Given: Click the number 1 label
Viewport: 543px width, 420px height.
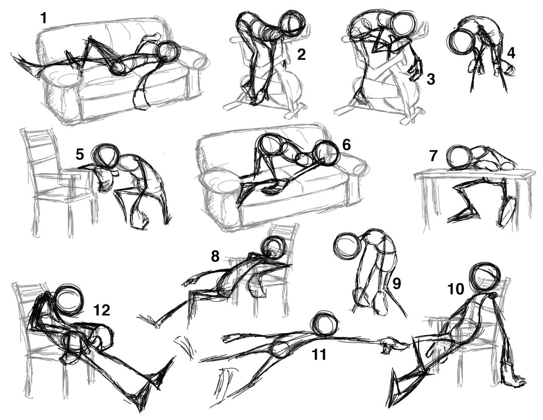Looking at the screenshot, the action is (43, 18).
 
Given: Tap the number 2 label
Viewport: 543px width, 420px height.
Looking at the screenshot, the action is (301, 55).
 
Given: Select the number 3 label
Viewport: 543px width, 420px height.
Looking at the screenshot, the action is (431, 79).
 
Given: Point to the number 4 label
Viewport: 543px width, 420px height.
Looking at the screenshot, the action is (511, 54).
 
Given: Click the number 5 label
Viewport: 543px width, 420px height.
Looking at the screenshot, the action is (80, 155).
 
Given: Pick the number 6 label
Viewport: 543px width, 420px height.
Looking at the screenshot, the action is (346, 145).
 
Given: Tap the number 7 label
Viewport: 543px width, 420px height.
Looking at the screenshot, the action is (433, 156).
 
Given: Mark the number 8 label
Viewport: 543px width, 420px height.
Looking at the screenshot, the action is (215, 256).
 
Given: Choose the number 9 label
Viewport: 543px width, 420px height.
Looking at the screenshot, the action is (397, 284).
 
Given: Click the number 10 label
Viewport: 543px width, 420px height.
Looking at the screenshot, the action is (456, 289).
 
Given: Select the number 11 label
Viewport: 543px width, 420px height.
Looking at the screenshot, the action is (319, 355).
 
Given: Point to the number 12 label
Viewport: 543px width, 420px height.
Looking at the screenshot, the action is (101, 310).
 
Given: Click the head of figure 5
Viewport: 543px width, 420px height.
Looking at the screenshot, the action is (105, 156).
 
